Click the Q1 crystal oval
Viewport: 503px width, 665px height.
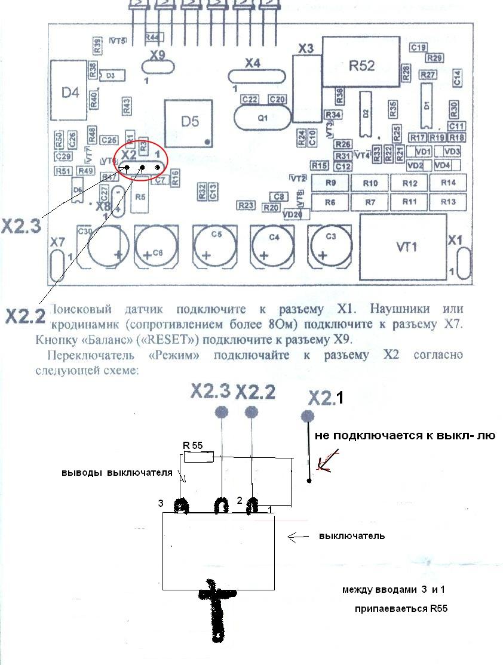point(262,118)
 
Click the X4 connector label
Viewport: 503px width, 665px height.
point(253,62)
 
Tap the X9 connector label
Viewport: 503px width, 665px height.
point(158,56)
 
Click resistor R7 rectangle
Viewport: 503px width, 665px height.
point(370,202)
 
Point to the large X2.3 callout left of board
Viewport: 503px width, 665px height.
point(22,226)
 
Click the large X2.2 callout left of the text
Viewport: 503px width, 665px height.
point(25,316)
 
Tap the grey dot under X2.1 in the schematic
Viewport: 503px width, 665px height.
point(308,416)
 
